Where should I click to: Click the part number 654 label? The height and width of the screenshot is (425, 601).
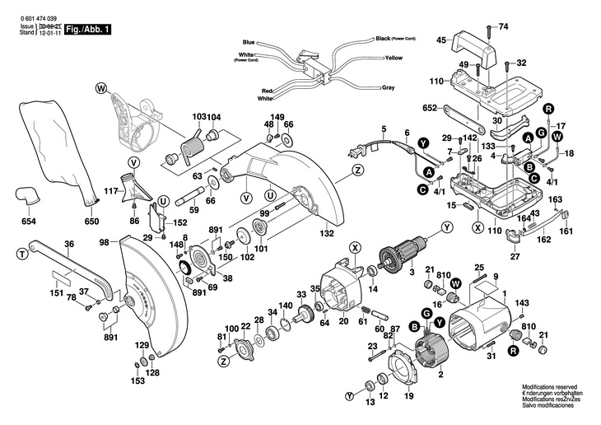[x=29, y=222]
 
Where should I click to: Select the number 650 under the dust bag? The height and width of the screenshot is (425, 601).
[x=91, y=222]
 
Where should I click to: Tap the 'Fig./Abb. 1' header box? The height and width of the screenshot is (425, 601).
[x=91, y=30]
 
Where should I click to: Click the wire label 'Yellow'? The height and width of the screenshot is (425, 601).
[x=393, y=58]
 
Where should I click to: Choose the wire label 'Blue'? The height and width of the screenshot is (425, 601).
[x=249, y=41]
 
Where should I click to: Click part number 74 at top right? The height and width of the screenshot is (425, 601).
[x=504, y=27]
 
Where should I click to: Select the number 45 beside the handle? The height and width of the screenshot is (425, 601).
[x=440, y=40]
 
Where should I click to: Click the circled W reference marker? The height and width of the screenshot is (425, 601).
[x=101, y=87]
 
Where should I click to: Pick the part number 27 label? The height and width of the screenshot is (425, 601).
[x=515, y=258]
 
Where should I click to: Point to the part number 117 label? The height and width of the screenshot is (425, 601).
[x=111, y=192]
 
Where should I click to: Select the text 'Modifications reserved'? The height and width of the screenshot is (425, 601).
[x=550, y=385]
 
